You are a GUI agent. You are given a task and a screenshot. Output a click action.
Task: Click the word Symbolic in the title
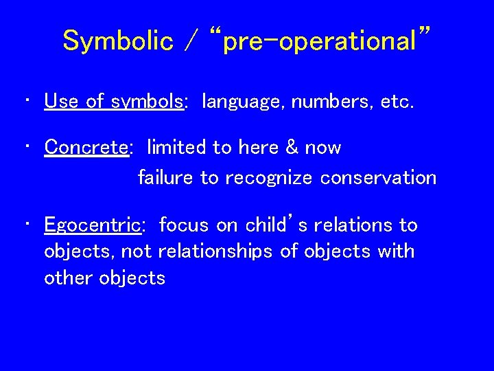(117, 41)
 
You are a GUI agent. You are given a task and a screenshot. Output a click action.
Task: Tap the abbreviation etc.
(393, 102)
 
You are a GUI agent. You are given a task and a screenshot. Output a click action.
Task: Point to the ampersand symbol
(291, 148)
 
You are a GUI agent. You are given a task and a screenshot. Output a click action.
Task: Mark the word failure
(166, 178)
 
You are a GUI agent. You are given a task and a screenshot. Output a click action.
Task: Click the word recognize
(268, 179)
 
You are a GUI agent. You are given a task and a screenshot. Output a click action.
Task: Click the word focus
(185, 225)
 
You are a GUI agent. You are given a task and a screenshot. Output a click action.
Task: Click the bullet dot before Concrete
(25, 148)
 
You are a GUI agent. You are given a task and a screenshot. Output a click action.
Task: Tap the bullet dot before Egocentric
(25, 225)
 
